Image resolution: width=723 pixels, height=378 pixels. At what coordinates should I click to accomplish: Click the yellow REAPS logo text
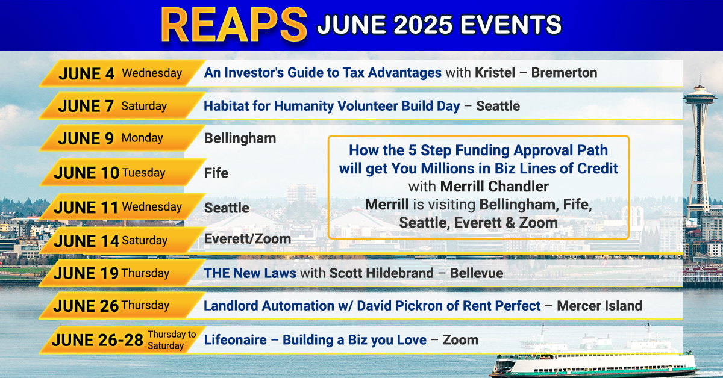tap(234, 25)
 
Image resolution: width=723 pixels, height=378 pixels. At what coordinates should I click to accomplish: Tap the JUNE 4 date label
tap(87, 74)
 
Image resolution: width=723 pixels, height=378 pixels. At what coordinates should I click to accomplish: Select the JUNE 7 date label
tap(86, 106)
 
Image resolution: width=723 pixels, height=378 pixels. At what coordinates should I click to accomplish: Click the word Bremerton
tap(564, 73)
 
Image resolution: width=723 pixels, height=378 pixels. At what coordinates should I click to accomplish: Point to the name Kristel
tap(495, 73)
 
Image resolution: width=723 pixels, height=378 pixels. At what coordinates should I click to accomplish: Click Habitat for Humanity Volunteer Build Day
tap(332, 106)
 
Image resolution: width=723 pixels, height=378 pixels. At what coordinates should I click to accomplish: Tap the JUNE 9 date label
tap(86, 138)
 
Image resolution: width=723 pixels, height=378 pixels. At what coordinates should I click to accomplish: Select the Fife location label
tap(216, 173)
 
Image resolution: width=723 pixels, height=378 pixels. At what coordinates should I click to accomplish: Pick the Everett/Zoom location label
tap(248, 239)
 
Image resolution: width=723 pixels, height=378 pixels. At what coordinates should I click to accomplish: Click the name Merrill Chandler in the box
tap(494, 187)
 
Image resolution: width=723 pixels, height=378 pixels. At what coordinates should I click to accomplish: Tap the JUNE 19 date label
tap(86, 273)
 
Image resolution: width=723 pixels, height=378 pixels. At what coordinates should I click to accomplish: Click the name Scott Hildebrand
tap(381, 273)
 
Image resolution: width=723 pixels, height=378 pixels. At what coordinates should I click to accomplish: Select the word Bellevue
tap(477, 273)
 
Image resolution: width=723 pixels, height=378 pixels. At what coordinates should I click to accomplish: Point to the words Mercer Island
tap(599, 306)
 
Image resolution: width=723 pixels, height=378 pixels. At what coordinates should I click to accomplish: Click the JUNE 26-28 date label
tap(97, 340)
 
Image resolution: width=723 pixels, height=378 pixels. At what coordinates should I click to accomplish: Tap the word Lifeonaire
tap(236, 340)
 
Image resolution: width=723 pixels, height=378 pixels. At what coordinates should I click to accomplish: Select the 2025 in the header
tap(423, 25)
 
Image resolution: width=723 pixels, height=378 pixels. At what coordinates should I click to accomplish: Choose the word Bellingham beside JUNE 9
tap(240, 138)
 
